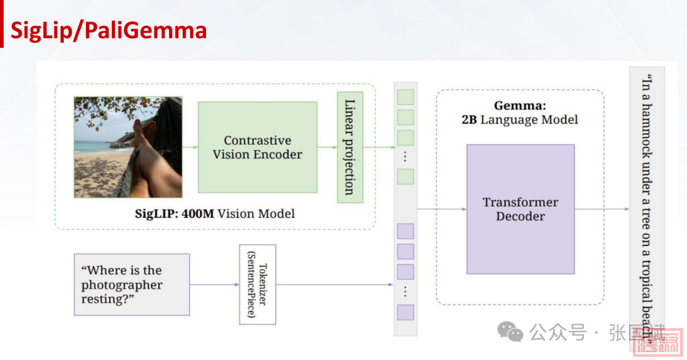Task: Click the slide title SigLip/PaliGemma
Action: [108, 31]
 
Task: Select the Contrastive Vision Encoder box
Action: [257, 147]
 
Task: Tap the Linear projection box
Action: [350, 147]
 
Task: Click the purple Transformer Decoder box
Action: [520, 209]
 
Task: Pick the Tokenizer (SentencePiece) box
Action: [258, 284]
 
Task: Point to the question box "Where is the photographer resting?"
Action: [132, 284]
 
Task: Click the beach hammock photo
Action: [128, 147]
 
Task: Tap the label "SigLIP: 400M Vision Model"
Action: [214, 214]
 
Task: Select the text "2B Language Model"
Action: [520, 120]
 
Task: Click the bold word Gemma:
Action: [520, 106]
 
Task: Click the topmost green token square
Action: [405, 97]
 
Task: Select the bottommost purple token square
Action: [405, 312]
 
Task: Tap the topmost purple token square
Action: [405, 232]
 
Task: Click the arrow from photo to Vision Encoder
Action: [190, 147]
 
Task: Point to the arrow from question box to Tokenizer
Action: [214, 284]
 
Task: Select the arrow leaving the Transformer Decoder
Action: [601, 209]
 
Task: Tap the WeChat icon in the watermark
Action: [510, 331]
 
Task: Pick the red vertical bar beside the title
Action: [2, 29]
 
